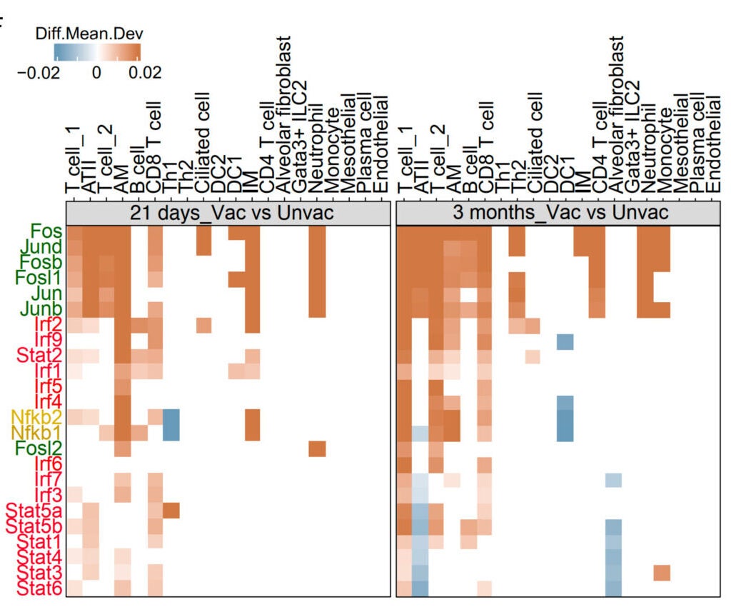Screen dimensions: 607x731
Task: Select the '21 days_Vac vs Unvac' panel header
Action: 228,214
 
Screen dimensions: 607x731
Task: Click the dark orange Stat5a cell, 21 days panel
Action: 171,511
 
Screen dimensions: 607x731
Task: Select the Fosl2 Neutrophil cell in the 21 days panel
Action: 317,448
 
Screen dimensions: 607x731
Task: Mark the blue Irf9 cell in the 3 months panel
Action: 565,340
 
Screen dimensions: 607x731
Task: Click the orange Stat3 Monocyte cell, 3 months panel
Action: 662,573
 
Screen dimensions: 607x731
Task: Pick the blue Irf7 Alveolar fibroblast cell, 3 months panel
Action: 613,480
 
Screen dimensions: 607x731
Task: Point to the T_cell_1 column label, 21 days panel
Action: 74,161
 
